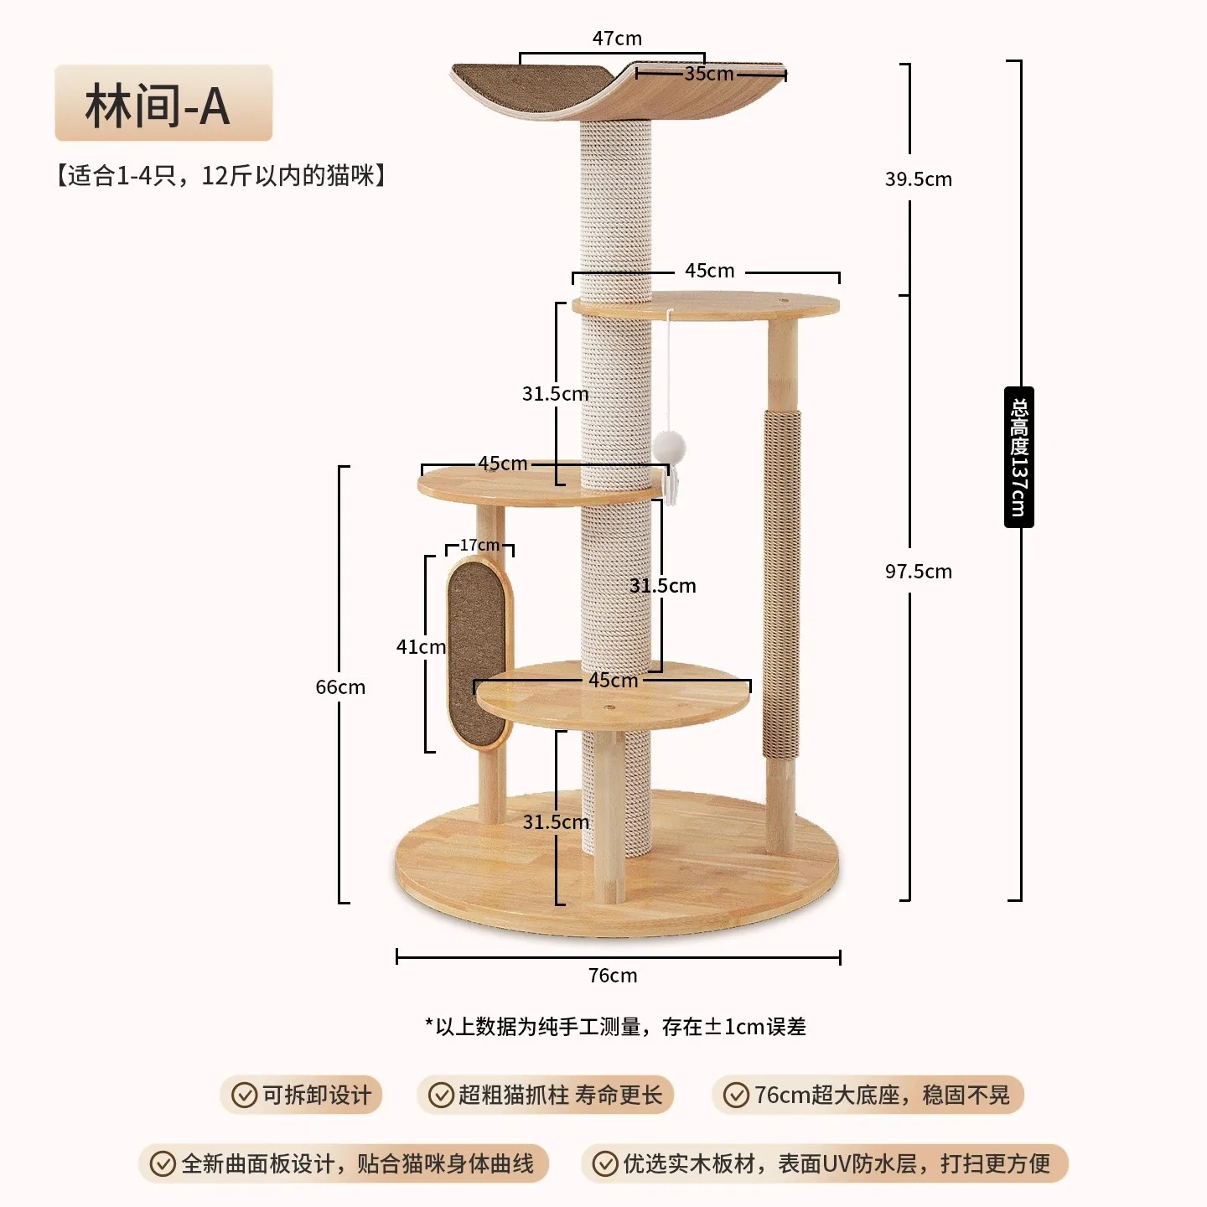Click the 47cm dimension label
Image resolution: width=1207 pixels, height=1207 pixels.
pyautogui.click(x=617, y=39)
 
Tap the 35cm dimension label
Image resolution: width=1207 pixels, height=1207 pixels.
pyautogui.click(x=708, y=74)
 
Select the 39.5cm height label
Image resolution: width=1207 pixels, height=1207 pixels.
pyautogui.click(x=918, y=179)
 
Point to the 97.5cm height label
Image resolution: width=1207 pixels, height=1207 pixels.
pyautogui.click(x=918, y=572)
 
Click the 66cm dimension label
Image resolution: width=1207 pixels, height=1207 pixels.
pyautogui.click(x=340, y=687)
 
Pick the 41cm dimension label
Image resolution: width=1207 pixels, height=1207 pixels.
pyautogui.click(x=421, y=647)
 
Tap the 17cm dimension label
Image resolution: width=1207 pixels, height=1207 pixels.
pyautogui.click(x=479, y=546)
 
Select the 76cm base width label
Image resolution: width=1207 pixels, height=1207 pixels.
pyautogui.click(x=613, y=976)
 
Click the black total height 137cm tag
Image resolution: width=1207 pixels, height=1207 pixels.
pyautogui.click(x=1018, y=458)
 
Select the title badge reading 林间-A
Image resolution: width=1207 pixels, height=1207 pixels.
pyautogui.click(x=163, y=103)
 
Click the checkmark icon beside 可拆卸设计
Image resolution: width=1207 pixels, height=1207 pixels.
pyautogui.click(x=244, y=1096)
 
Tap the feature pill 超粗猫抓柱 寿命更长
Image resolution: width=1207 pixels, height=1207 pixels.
pyautogui.click(x=546, y=1096)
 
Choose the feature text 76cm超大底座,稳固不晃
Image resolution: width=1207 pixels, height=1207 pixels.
pyautogui.click(x=882, y=1096)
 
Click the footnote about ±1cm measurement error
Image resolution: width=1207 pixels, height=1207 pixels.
pyautogui.click(x=615, y=1027)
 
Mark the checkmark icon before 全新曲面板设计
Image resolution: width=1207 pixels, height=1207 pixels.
pyautogui.click(x=162, y=1164)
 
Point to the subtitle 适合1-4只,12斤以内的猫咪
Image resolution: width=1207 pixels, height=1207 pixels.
pyautogui.click(x=221, y=176)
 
